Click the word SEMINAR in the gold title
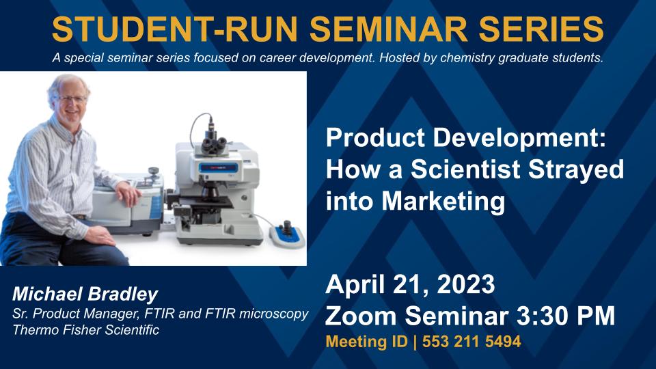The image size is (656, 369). click(389, 29)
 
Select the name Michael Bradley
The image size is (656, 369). click(85, 294)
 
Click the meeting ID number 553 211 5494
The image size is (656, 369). click(471, 342)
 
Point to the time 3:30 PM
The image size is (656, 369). click(566, 316)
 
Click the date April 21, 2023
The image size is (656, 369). click(410, 284)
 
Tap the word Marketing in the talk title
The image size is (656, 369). click(443, 201)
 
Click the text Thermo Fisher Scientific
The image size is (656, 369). click(86, 329)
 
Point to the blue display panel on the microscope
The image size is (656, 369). click(219, 168)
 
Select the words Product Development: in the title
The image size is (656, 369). click(465, 137)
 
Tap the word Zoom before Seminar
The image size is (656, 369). click(361, 316)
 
